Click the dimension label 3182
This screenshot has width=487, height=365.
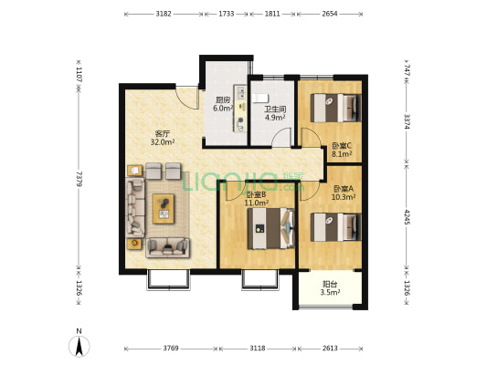(164, 14)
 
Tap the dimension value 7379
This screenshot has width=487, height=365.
(79, 179)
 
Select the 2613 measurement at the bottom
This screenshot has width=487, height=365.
(330, 349)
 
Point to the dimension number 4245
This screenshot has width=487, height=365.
(407, 217)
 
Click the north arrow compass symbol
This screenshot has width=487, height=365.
(79, 343)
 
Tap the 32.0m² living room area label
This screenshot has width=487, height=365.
(163, 142)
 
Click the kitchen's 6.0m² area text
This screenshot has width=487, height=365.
(223, 109)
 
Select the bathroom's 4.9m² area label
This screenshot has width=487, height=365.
(275, 118)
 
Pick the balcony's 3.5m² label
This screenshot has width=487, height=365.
(330, 292)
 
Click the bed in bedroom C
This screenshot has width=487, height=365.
(336, 108)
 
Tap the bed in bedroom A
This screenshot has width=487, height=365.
(336, 227)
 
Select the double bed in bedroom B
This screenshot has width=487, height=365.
(270, 228)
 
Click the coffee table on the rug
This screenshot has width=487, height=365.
(164, 209)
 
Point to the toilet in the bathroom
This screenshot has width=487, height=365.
(259, 98)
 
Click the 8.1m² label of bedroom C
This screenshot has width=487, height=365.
(342, 154)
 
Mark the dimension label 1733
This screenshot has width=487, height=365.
(226, 14)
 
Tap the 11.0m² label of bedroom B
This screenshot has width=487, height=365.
(257, 203)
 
